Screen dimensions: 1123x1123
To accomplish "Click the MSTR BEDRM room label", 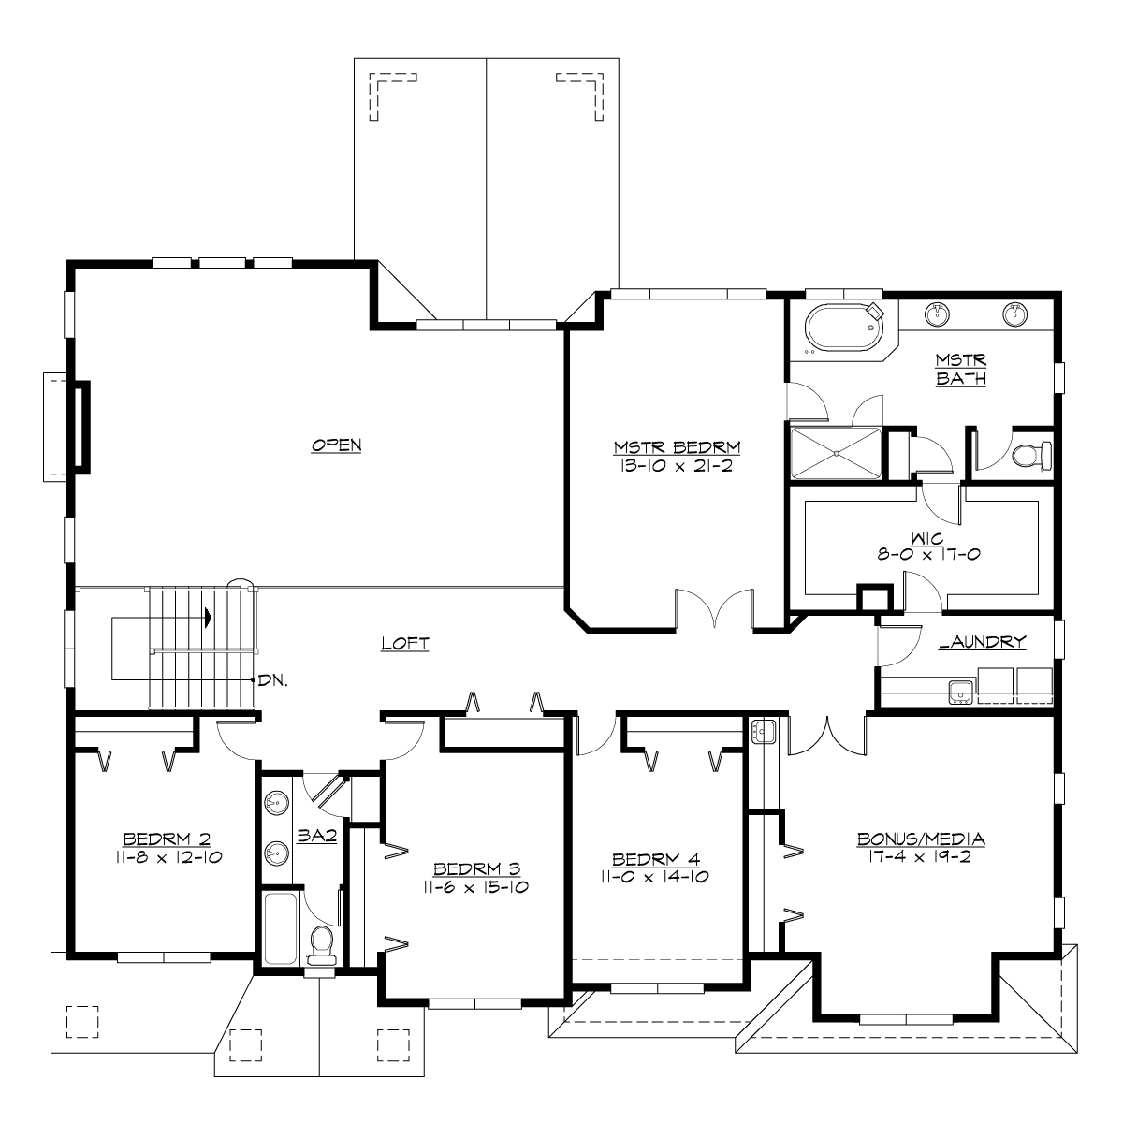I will click(x=678, y=445).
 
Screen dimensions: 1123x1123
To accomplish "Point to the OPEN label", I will click(x=337, y=445).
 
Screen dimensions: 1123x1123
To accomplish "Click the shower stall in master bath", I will click(x=836, y=454).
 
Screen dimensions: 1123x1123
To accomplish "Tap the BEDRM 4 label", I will click(x=655, y=859).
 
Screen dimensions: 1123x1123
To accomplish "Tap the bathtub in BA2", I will click(x=282, y=926).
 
